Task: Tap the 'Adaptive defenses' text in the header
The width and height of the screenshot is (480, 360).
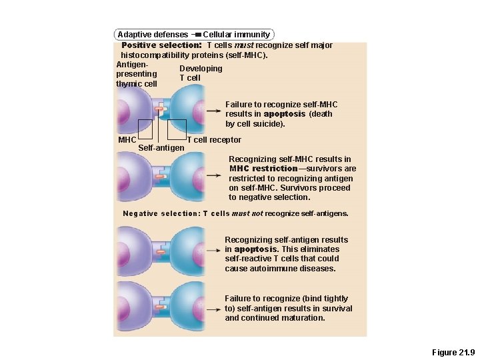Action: point(153,35)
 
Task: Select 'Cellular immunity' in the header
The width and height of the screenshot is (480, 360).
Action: point(237,35)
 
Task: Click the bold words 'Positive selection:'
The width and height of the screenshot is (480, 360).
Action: point(161,45)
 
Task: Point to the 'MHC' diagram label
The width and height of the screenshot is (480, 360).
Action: point(127,140)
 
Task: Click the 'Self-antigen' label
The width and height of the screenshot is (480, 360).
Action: point(161,147)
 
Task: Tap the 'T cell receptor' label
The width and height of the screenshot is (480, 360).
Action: point(214,140)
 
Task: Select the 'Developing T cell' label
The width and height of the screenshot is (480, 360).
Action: point(200,73)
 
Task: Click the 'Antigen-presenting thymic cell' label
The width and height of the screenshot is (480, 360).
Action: point(136,74)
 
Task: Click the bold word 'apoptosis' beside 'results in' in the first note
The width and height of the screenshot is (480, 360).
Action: point(285,114)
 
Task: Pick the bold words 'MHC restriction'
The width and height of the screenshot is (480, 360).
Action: point(263,169)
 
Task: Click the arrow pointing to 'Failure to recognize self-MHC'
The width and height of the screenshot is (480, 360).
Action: point(214,111)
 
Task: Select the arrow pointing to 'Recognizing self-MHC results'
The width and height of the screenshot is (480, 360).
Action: point(214,175)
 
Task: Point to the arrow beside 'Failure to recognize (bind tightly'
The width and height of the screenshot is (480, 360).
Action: point(214,309)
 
